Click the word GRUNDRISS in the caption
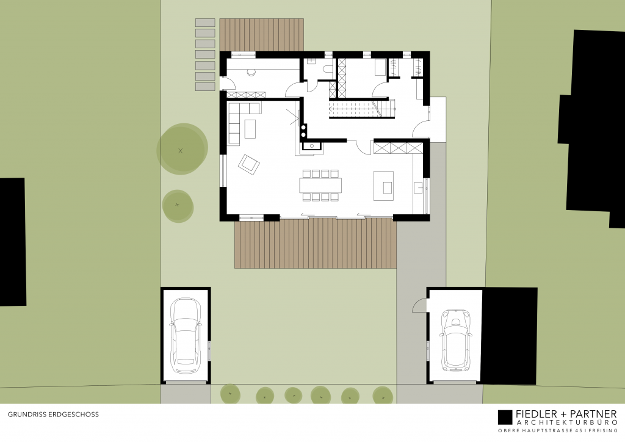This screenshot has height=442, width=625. (x=24, y=414)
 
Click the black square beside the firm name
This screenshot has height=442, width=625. (x=505, y=417)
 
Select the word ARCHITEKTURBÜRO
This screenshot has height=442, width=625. (x=566, y=423)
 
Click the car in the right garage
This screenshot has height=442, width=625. (x=455, y=339)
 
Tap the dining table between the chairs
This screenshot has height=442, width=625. (x=320, y=184)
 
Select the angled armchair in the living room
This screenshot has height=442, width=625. (x=249, y=164)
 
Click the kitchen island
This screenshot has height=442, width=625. (x=383, y=184)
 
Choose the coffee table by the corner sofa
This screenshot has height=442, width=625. (x=250, y=129)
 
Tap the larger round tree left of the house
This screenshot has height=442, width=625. (x=181, y=150)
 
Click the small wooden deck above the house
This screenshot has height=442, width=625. (x=262, y=34)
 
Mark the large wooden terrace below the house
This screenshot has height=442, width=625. (x=316, y=244)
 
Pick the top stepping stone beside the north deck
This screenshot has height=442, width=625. (x=205, y=23)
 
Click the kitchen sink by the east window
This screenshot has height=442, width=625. (x=419, y=187)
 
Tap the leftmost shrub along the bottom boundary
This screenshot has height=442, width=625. (x=229, y=394)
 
